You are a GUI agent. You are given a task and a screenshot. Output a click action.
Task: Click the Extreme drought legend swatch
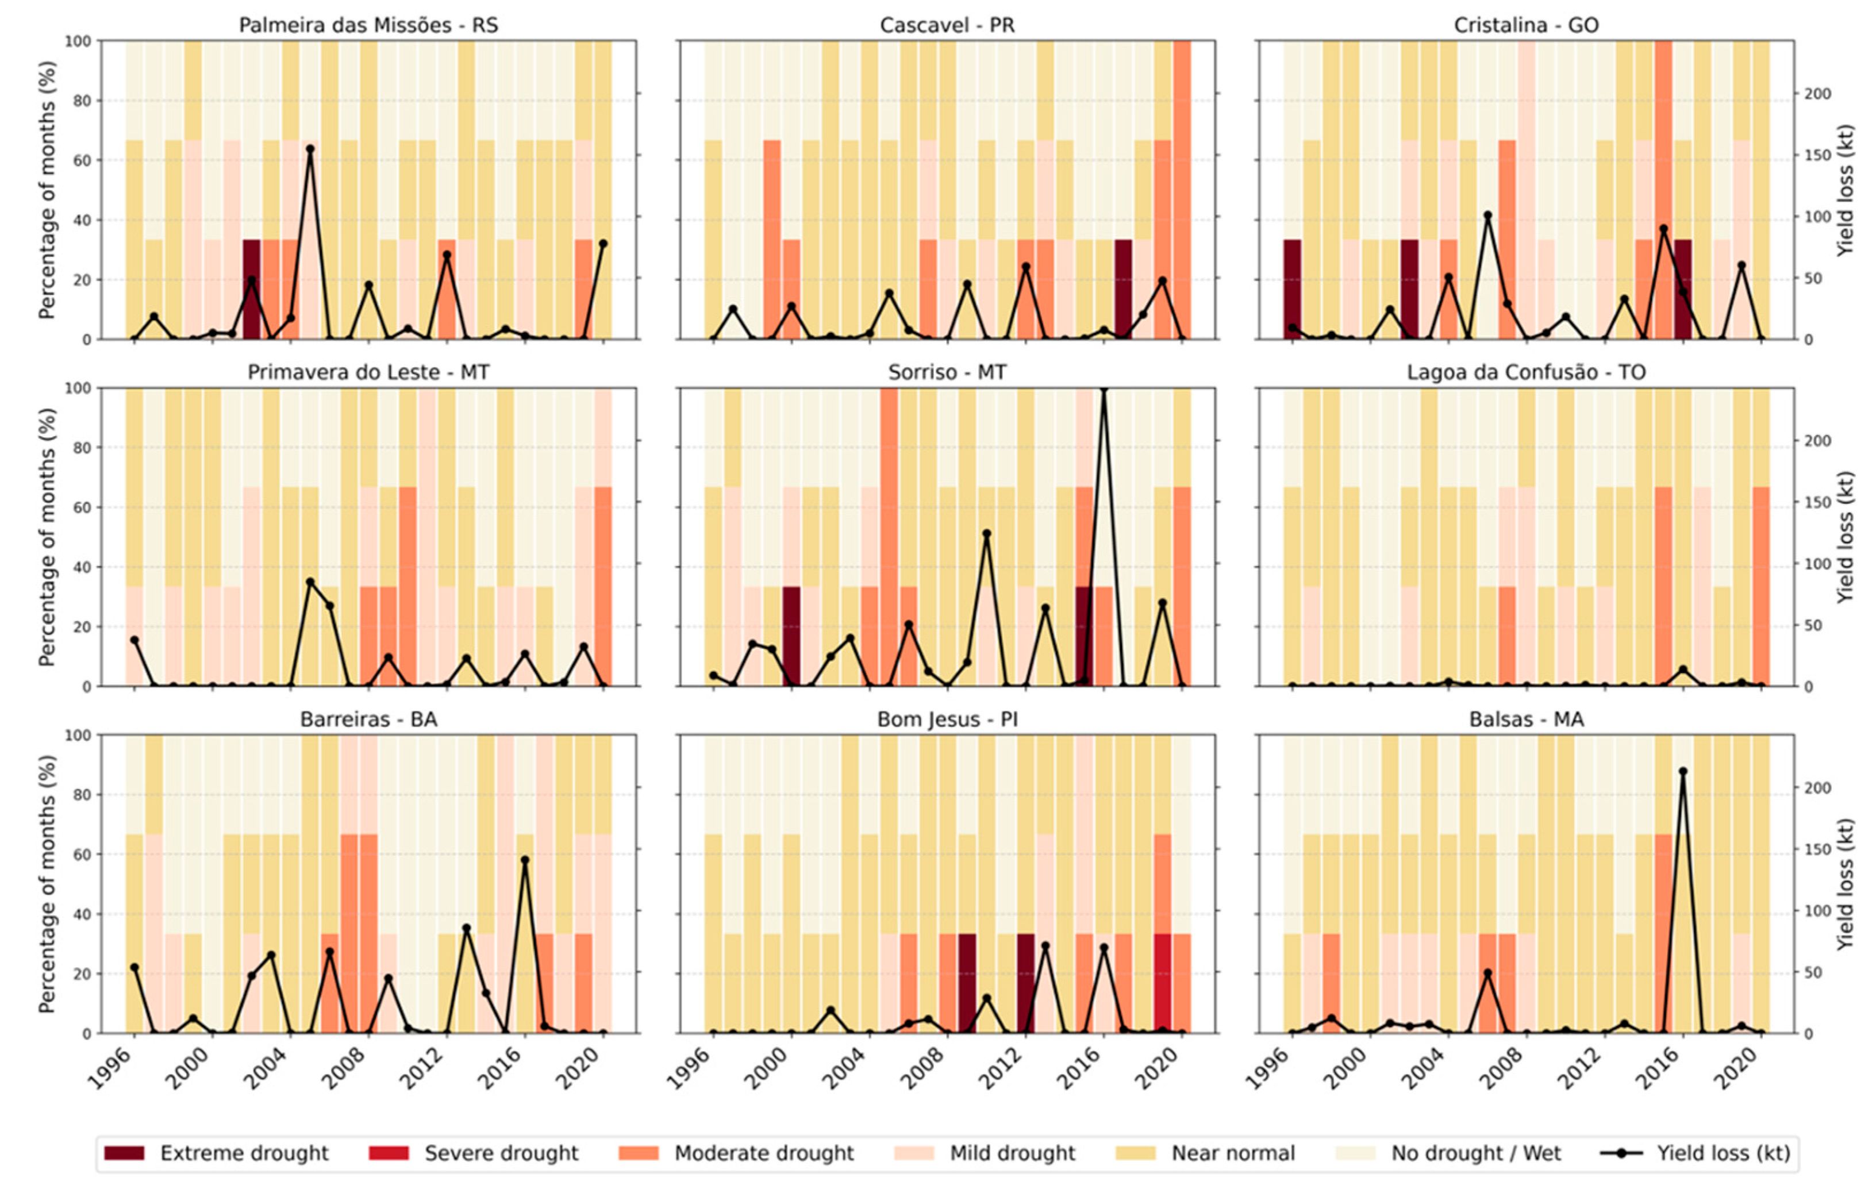click(124, 1153)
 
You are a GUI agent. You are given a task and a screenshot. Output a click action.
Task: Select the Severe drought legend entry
click(501, 1153)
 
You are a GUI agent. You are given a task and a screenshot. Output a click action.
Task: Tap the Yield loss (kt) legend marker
click(1620, 1153)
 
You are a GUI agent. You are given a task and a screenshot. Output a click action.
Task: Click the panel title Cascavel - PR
click(947, 25)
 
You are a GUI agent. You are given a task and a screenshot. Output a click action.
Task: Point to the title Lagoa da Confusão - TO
click(1525, 372)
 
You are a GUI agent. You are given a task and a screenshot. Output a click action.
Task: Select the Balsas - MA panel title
click(1525, 719)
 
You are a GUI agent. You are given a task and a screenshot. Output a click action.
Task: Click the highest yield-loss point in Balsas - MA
click(1683, 771)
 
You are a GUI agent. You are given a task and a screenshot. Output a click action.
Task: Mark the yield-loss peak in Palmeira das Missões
click(310, 149)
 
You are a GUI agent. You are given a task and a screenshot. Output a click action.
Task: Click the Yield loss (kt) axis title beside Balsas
click(1846, 883)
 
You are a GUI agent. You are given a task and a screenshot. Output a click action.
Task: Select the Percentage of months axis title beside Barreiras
click(47, 883)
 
